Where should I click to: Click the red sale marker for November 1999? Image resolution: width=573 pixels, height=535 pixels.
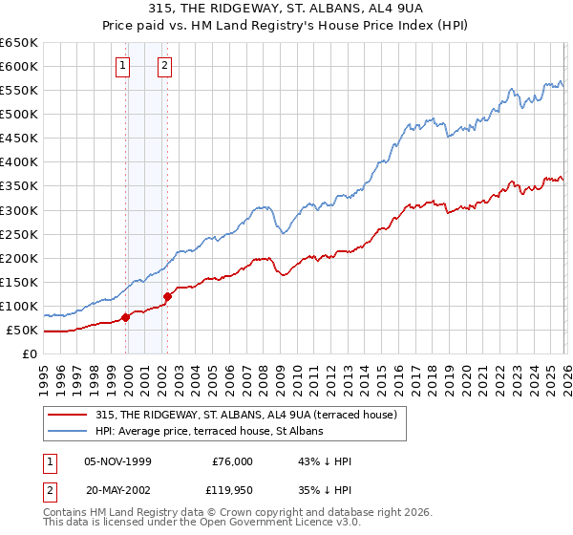point(125,317)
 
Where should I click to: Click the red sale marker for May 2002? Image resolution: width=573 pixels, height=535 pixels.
point(167,296)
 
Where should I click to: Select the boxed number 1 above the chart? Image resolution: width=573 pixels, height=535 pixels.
point(124,66)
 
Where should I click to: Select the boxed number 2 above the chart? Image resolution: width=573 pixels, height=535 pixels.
point(165,66)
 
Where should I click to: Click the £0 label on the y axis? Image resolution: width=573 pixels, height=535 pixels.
point(29,354)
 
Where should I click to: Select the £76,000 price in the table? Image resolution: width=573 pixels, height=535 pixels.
point(232,461)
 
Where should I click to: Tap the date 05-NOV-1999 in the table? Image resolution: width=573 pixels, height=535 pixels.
point(124,461)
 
